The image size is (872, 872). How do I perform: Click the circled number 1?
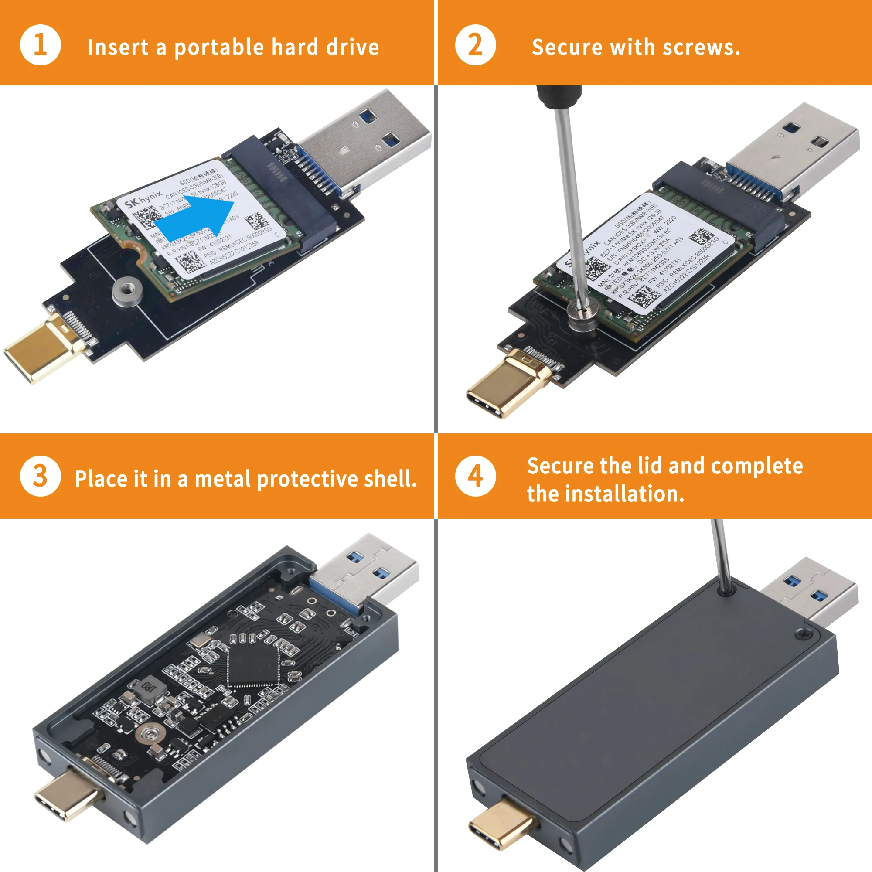click(x=41, y=45)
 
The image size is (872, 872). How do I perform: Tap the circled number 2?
click(x=475, y=45)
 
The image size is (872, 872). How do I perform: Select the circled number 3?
click(x=41, y=476)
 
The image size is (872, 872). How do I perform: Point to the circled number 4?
click(x=475, y=476)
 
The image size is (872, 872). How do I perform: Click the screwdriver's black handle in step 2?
click(x=559, y=97)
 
